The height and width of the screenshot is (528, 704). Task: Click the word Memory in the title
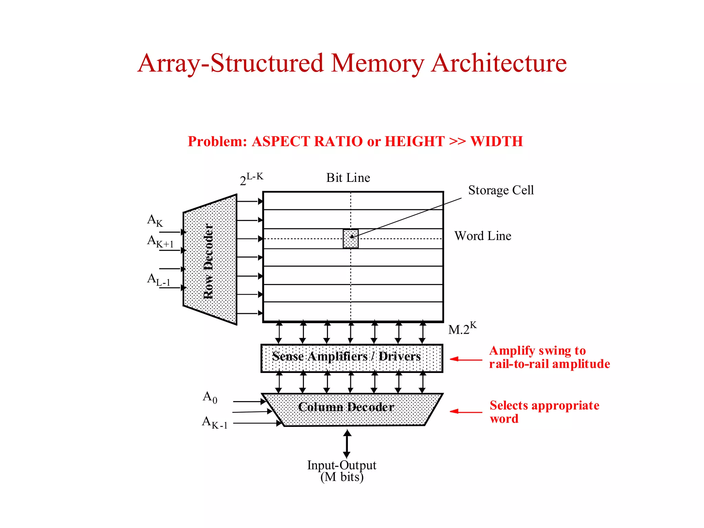[x=377, y=64]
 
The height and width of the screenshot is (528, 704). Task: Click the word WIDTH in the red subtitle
[x=496, y=142]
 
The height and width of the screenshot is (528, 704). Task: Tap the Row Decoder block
[x=210, y=260]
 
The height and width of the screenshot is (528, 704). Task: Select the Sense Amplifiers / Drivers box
[x=352, y=358]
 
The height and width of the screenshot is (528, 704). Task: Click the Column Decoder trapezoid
[x=352, y=409]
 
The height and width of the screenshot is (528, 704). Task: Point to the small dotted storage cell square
[x=350, y=239]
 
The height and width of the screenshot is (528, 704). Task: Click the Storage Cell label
[x=500, y=190]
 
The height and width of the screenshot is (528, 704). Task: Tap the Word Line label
[x=483, y=236]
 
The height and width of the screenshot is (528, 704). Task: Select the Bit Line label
[x=348, y=178]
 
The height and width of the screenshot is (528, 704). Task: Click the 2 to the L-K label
[x=251, y=179]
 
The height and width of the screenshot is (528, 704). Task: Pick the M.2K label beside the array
[x=462, y=328]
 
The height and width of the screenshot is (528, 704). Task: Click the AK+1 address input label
[x=160, y=241]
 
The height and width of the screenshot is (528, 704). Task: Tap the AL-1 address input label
[x=158, y=279]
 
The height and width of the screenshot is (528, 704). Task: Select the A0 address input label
[x=210, y=397]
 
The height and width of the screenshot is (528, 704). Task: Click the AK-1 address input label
[x=214, y=422]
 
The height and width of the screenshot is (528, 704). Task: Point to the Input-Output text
[x=341, y=465]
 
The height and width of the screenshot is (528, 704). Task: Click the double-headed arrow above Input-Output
[x=347, y=444]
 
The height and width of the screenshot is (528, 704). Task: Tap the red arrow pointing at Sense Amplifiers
[x=466, y=359]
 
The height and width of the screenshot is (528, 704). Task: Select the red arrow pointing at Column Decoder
[x=466, y=411]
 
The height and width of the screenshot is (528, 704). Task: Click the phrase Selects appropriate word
[x=544, y=412]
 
